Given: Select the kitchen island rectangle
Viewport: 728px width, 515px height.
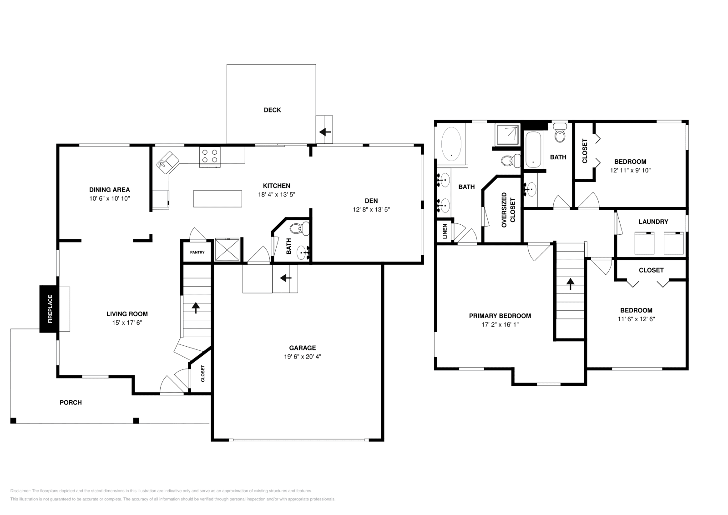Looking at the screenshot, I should (x=217, y=198).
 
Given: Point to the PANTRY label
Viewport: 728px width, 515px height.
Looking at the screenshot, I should (x=197, y=252).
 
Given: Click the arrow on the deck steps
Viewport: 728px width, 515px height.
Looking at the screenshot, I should (x=325, y=132).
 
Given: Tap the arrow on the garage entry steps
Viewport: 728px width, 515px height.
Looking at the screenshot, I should (x=286, y=278).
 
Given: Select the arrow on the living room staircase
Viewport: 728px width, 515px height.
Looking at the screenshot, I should (x=196, y=308).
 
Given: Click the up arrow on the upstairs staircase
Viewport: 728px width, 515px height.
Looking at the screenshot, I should (x=570, y=283).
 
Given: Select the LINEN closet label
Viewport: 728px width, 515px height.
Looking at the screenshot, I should (x=445, y=232).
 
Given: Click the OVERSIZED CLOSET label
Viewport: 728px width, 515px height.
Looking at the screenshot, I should (x=508, y=210).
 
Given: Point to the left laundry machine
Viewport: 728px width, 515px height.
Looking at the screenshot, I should (x=644, y=243).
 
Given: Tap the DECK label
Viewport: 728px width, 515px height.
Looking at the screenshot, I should (x=272, y=110).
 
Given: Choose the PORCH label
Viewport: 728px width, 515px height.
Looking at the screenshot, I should (x=71, y=403).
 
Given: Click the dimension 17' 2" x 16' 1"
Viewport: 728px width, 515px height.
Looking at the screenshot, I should (x=500, y=325).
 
